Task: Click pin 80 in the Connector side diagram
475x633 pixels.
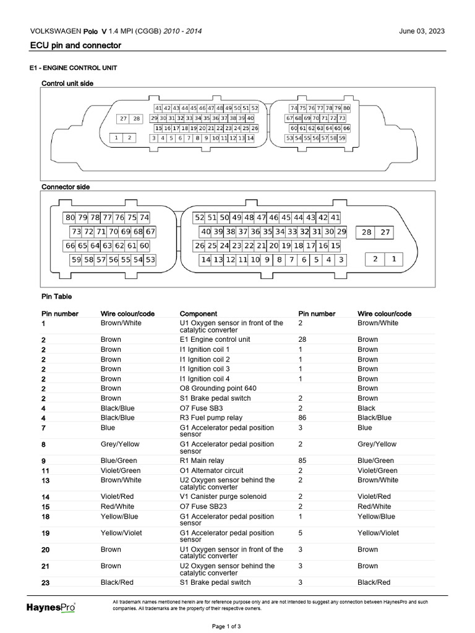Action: [69, 218]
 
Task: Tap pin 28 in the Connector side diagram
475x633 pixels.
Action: [367, 232]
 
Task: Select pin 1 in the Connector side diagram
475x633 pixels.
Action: [394, 259]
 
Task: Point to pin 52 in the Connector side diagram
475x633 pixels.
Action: [199, 218]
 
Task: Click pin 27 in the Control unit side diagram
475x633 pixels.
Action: [124, 119]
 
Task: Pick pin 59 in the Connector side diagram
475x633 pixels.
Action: [76, 260]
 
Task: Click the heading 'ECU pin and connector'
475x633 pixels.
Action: [75, 46]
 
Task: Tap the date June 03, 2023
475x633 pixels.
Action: [422, 31]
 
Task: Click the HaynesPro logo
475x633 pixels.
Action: [51, 608]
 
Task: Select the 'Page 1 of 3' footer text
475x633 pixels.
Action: [226, 626]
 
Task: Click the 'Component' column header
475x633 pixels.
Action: [198, 313]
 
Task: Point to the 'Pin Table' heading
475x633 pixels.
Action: [57, 297]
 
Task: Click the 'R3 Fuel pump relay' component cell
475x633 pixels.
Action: [211, 418]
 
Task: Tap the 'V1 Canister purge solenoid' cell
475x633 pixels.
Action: [223, 496]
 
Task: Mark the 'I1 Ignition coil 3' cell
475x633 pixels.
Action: [205, 369]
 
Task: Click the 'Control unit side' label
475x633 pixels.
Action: [67, 83]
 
